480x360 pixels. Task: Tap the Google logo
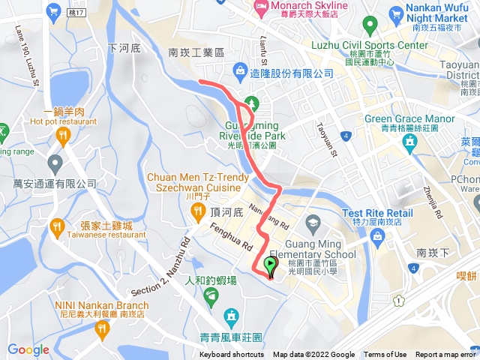coord(28,349)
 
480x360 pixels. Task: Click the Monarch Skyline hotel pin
coord(260,10)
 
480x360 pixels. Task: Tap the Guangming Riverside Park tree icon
coord(250,103)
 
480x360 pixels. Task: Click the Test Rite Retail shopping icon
coord(379,238)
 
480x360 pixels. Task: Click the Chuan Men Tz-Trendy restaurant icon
coord(197,212)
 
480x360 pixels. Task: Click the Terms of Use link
coord(385,355)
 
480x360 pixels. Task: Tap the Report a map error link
coord(446,355)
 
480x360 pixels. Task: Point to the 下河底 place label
coord(124,48)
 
